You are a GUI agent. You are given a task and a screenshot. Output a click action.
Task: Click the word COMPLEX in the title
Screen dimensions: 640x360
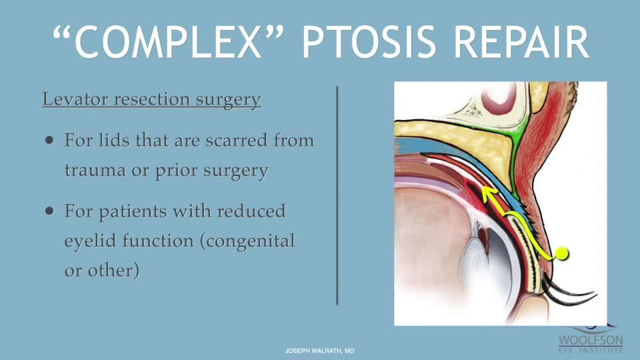point(168,42)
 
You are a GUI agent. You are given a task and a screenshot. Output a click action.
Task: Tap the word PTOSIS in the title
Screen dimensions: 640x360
point(369,42)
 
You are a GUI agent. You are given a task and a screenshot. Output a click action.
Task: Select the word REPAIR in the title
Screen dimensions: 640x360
point(521,42)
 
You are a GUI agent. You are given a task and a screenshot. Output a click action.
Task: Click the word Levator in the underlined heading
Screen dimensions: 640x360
point(75,99)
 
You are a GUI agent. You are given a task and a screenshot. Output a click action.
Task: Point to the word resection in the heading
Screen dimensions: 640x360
point(152,99)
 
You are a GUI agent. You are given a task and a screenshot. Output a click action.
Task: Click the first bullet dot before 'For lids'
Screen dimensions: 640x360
point(50,141)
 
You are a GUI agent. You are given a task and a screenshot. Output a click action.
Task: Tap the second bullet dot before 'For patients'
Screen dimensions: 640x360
point(50,211)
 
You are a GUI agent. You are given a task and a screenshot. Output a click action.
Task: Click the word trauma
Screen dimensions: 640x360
point(95,170)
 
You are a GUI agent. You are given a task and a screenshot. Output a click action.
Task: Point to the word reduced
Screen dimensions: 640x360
point(251,211)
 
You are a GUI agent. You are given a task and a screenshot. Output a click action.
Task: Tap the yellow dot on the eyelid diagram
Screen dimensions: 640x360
point(561,254)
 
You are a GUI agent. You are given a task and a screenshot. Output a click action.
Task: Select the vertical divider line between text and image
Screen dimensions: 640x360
point(337,195)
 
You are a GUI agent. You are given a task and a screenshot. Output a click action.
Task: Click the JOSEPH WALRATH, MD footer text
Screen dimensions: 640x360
point(319,351)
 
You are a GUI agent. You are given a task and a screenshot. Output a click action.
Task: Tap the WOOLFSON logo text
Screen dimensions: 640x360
point(591,341)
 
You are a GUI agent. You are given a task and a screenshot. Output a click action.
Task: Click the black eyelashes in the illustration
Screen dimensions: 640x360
point(569,292)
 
